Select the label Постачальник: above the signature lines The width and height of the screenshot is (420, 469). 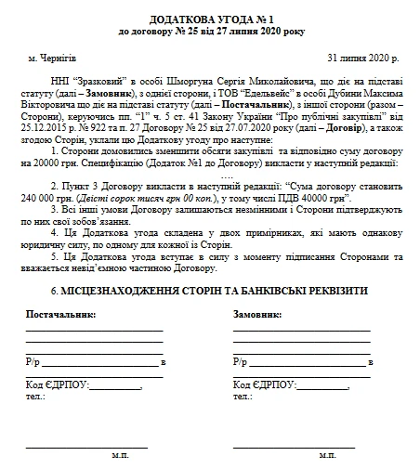tap(60, 316)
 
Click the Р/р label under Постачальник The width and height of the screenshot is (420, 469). tap(33, 361)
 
